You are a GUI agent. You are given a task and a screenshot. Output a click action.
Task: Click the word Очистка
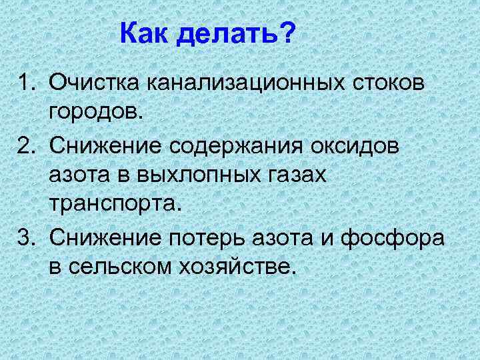[95, 85]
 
